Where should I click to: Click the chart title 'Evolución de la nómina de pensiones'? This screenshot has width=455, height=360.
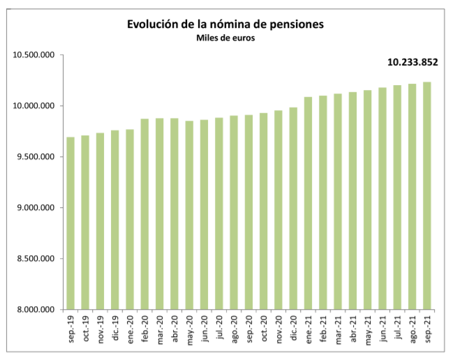[x=225, y=24]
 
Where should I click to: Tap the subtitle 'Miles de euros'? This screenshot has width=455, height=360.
[x=225, y=38]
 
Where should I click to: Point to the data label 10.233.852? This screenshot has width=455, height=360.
[x=412, y=62]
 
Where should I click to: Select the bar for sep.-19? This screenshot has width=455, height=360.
[x=70, y=223]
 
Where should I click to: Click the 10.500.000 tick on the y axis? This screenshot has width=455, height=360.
[x=34, y=55]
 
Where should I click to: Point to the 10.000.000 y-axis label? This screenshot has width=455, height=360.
[x=34, y=106]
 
